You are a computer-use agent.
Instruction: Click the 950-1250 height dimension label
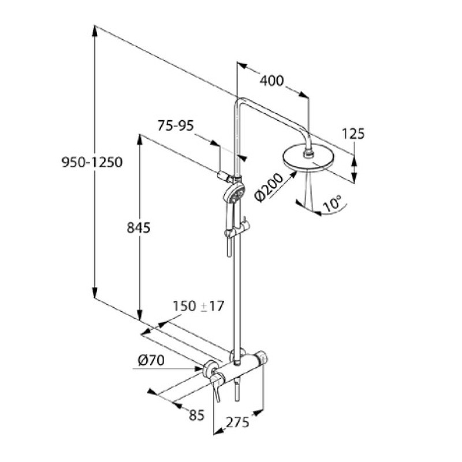pyautogui.click(x=92, y=162)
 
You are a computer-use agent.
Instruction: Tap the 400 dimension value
pyautogui.click(x=271, y=81)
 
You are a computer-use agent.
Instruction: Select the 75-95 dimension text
pyautogui.click(x=177, y=126)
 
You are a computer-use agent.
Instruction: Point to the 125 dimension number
pyautogui.click(x=353, y=134)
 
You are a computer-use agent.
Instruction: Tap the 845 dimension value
pyautogui.click(x=139, y=228)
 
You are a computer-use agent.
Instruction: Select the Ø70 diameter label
pyautogui.click(x=151, y=361)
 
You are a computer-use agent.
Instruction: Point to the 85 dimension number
pyautogui.click(x=197, y=414)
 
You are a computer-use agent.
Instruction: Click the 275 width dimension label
pyautogui.click(x=237, y=422)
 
